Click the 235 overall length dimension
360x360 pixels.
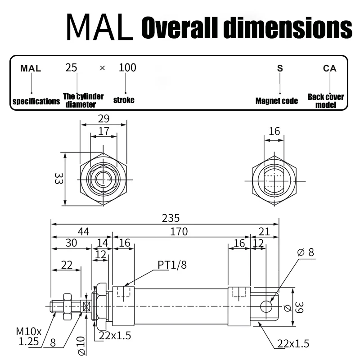(171, 218)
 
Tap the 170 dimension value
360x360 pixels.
(179, 232)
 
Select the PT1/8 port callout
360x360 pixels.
(172, 265)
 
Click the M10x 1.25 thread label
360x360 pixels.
(29, 337)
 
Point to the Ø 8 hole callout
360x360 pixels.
(306, 252)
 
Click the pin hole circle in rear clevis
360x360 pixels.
(266, 306)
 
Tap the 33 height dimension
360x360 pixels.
(59, 178)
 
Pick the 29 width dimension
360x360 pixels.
(103, 119)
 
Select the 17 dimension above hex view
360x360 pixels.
(103, 131)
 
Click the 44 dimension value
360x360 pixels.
(83, 231)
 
